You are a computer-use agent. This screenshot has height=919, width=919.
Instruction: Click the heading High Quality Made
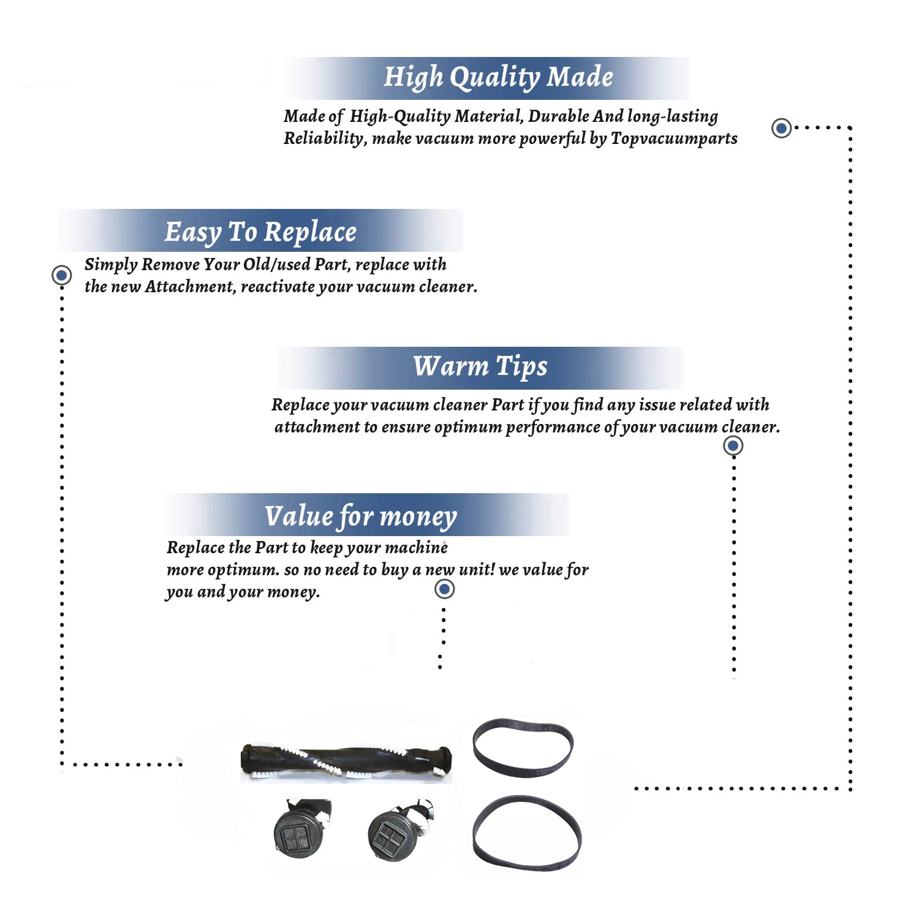click(x=498, y=78)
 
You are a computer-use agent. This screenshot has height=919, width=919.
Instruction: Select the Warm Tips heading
click(x=480, y=367)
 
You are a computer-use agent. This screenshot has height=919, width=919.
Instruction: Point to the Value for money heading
click(x=361, y=516)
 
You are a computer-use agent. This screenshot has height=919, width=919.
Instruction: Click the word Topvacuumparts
click(x=674, y=139)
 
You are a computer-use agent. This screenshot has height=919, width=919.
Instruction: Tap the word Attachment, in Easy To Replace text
click(x=191, y=287)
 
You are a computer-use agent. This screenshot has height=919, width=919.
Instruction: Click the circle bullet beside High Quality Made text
click(x=781, y=128)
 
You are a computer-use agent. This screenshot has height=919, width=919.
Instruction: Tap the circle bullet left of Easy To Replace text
click(x=61, y=275)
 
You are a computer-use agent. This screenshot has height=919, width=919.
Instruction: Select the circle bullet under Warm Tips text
click(x=733, y=445)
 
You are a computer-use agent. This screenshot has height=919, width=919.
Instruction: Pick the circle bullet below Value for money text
click(x=444, y=589)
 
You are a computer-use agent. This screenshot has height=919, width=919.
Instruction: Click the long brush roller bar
click(x=346, y=762)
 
